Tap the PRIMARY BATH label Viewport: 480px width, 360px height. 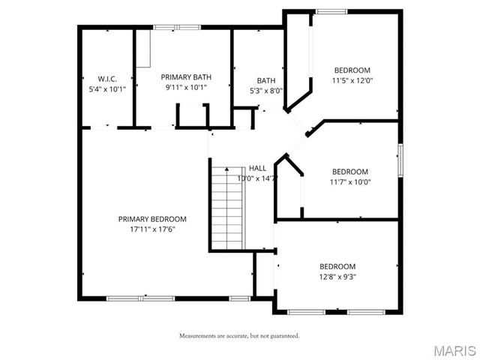tap(186, 76)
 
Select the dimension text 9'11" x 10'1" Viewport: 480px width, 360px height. tap(186, 87)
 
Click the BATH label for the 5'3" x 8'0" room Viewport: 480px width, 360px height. tap(266, 80)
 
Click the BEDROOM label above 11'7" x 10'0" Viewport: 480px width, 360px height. tap(350, 171)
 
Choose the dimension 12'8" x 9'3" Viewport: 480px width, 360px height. tap(337, 277)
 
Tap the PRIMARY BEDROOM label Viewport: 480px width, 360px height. tap(152, 219)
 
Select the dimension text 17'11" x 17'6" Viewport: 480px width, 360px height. tap(152, 229)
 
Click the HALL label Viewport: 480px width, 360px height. tap(257, 168)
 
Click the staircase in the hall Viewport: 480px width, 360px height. tap(227, 208)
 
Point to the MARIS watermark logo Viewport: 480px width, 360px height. tap(453, 350)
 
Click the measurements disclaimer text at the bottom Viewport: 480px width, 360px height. tap(239, 335)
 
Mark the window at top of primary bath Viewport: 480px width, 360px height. tap(177, 28)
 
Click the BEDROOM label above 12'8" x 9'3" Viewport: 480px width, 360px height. tap(337, 266)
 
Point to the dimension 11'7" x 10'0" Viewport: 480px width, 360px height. tap(350, 181)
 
